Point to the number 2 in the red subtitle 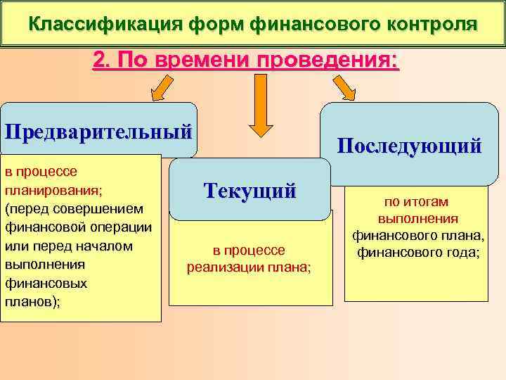tap(99, 61)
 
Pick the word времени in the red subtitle tap(210, 61)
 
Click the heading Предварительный tap(98, 132)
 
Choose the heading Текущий tap(249, 190)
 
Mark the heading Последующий tap(409, 146)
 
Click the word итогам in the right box tap(427, 201)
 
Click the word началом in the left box tap(105, 246)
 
